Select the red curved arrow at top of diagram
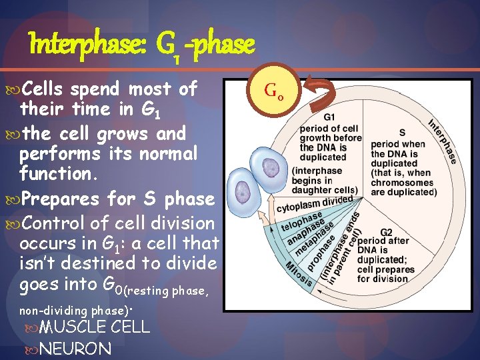[x=318, y=93]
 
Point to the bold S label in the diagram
[x=402, y=132]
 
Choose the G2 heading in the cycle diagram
[x=386, y=232]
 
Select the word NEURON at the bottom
[x=75, y=348]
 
